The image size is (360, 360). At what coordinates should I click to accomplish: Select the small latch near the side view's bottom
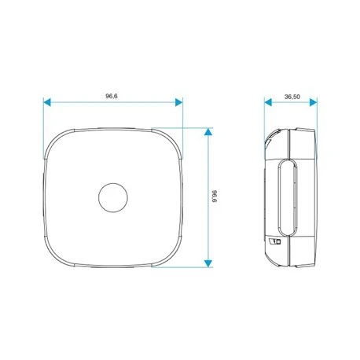[275, 243]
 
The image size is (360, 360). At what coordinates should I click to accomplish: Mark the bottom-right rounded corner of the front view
[171, 256]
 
